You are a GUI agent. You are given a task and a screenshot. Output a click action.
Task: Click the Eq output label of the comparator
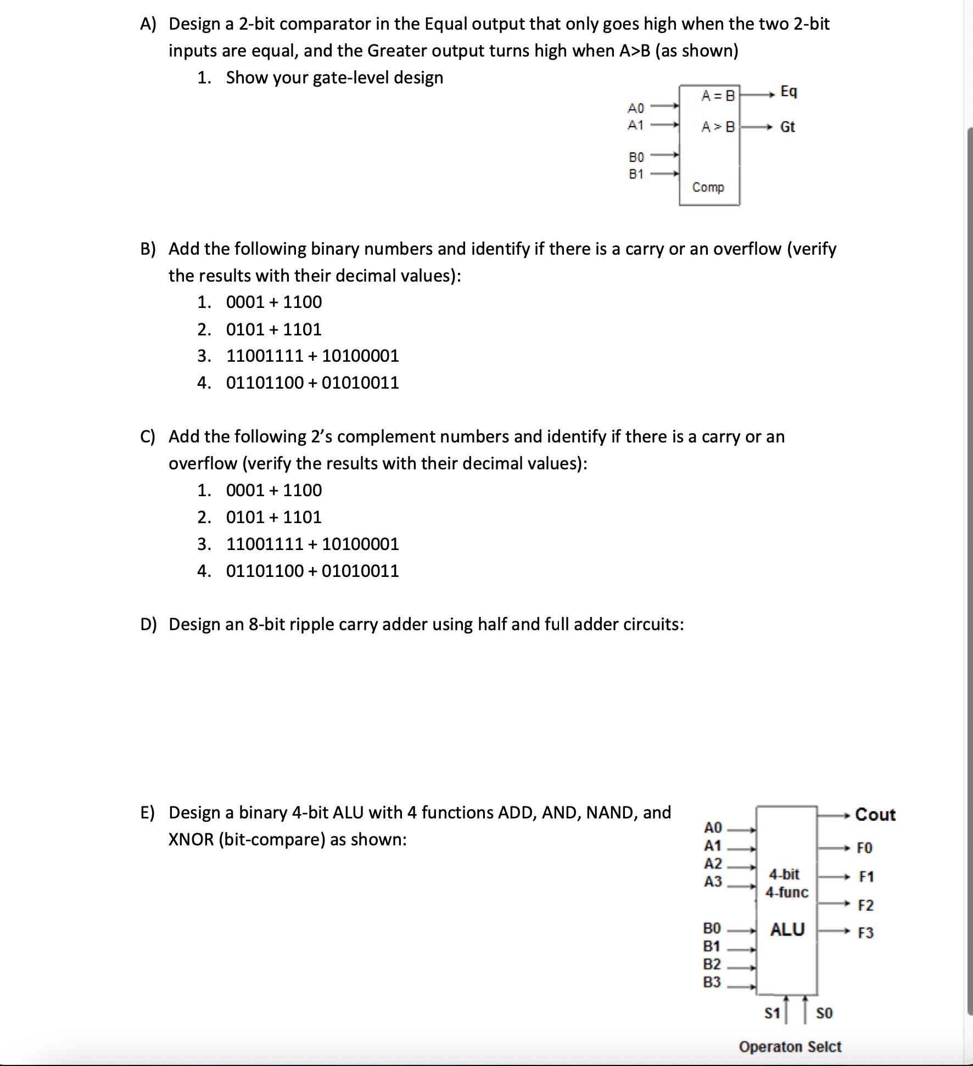click(789, 91)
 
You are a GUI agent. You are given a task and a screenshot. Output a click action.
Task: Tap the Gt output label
click(787, 127)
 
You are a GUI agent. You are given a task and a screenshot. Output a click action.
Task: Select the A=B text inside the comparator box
click(718, 96)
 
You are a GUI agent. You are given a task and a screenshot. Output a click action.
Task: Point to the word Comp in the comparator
click(708, 187)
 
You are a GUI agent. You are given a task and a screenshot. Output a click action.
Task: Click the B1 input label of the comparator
click(636, 175)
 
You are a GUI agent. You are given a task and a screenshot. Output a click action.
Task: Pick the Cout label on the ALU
click(875, 815)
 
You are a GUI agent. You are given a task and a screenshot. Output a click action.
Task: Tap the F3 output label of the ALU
click(865, 933)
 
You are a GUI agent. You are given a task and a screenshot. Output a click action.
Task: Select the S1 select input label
click(772, 1013)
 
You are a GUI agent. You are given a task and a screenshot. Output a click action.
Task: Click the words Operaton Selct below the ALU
click(790, 1047)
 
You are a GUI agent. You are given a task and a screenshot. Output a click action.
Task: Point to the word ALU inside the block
click(787, 929)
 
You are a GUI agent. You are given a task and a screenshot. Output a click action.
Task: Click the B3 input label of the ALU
click(712, 982)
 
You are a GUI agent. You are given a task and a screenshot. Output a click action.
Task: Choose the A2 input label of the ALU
click(713, 863)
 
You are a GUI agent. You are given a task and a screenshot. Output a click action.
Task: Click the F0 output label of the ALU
click(865, 848)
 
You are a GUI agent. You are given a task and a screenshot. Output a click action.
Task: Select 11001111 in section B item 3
click(265, 356)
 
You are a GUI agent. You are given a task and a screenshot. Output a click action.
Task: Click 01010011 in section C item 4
click(360, 571)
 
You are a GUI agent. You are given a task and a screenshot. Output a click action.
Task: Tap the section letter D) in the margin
click(148, 624)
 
